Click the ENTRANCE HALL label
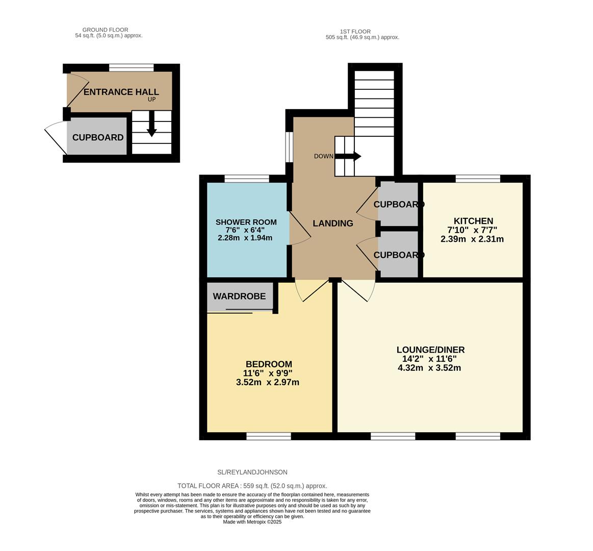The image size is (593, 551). click(x=121, y=92)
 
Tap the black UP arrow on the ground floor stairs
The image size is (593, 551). click(x=151, y=126)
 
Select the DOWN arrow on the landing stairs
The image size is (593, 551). click(x=349, y=156)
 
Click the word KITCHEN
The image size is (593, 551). click(x=473, y=221)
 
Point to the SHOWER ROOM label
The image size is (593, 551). click(x=246, y=222)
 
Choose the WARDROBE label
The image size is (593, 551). click(x=239, y=296)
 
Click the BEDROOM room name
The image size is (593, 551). click(x=269, y=364)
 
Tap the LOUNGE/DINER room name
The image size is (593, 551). click(x=430, y=350)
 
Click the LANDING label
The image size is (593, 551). click(x=332, y=223)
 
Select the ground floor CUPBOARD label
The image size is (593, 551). click(x=98, y=138)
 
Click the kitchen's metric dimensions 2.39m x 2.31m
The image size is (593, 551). click(x=472, y=239)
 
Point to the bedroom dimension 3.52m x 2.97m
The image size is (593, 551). click(x=268, y=382)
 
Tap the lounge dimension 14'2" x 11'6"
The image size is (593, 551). click(x=430, y=359)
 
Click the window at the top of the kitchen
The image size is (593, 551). click(x=478, y=179)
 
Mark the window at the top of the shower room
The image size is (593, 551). click(x=247, y=179)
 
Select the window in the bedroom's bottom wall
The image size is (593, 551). click(x=269, y=436)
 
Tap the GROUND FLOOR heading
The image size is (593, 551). click(x=105, y=30)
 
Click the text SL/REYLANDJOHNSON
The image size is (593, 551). click(x=252, y=472)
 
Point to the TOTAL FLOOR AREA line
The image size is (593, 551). click(x=252, y=486)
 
